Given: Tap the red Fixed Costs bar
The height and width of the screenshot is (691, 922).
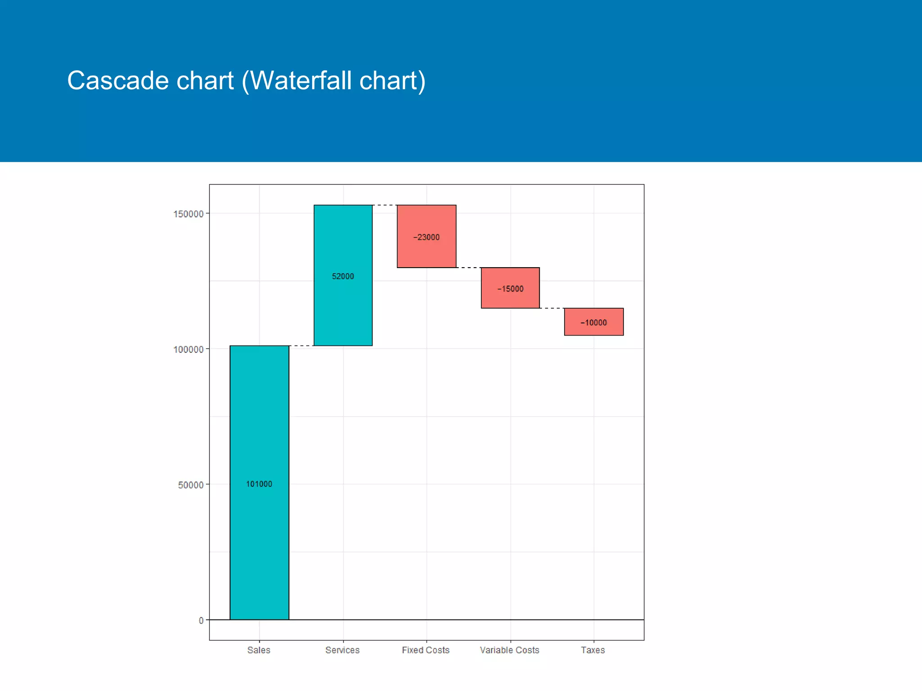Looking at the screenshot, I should [x=426, y=254].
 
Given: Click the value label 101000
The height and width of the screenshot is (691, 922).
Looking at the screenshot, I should [x=259, y=484].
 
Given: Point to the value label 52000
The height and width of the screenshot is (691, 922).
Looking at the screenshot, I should [x=343, y=276].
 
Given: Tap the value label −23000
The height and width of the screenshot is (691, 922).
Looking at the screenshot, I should [x=426, y=237].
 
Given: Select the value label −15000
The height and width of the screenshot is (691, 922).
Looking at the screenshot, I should [x=510, y=289].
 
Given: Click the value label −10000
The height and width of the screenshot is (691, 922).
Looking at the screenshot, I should [x=594, y=323].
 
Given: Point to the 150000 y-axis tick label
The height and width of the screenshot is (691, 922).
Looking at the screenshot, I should [x=189, y=214].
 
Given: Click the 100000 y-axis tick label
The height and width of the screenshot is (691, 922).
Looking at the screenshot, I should [x=189, y=350].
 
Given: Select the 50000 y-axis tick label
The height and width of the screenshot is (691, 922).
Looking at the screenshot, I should [x=191, y=485].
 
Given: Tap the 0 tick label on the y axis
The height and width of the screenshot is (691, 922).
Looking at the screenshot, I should [x=201, y=621].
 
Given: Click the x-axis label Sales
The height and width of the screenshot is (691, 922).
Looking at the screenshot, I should [x=259, y=650].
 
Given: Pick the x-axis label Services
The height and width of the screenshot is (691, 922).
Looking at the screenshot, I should [x=343, y=650].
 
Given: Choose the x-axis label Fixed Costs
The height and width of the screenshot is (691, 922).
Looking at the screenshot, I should [x=426, y=650].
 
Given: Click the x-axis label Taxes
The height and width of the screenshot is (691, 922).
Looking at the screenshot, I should [x=593, y=650].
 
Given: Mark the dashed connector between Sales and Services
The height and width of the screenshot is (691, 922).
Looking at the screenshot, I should [x=301, y=345].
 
